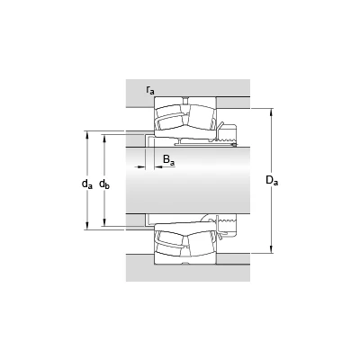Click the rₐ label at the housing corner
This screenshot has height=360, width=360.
tap(150, 90)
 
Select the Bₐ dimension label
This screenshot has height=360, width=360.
tap(168, 160)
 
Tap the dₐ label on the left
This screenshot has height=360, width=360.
tap(87, 184)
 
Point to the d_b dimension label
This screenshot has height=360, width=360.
tap(104, 184)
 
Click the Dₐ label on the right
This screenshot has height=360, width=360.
tap(272, 180)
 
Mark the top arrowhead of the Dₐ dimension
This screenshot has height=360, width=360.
tap(272, 112)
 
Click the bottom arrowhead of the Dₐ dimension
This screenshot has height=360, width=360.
tap(272, 249)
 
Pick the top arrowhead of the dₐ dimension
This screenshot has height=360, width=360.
tap(87, 135)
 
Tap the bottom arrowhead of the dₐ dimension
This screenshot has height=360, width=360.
tap(87, 226)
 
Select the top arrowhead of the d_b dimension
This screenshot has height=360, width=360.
tap(104, 139)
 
